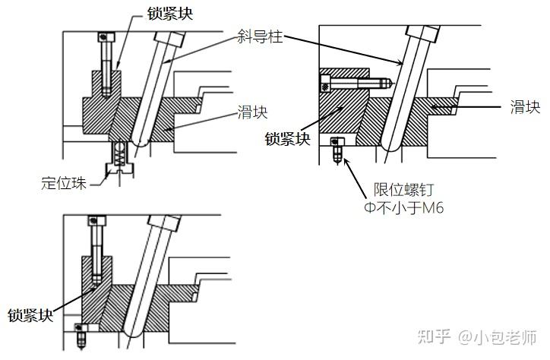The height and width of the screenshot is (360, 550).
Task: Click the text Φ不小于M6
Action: point(400,207)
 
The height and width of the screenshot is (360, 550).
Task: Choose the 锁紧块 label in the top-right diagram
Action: point(288,138)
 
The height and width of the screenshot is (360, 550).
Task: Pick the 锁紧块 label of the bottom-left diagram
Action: point(30,314)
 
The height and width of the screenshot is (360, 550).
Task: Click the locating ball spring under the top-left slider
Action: point(119,156)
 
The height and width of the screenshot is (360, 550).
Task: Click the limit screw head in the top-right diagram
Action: point(338,141)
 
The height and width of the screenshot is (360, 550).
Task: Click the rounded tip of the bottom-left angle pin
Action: point(131,332)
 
